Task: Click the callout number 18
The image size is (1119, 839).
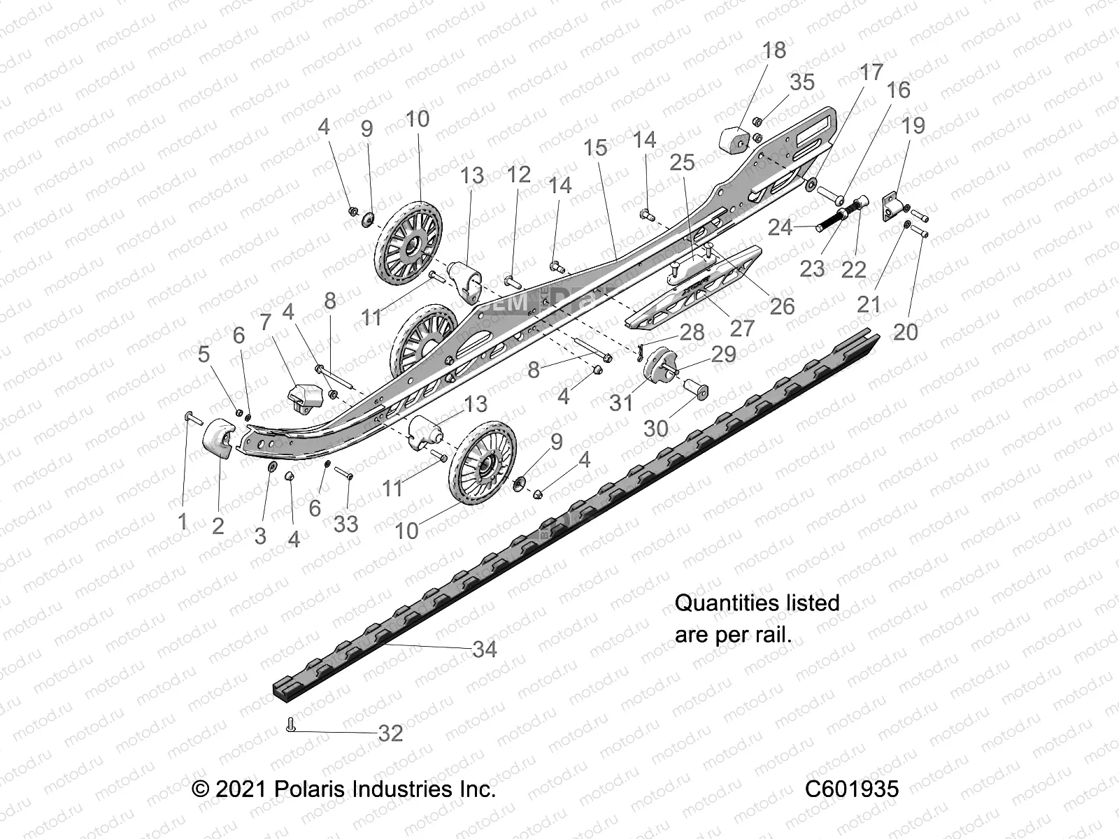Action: (x=774, y=50)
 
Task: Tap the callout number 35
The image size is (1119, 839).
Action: (x=801, y=83)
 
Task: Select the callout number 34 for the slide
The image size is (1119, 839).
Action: (x=484, y=649)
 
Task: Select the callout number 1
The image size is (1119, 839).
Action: (x=183, y=521)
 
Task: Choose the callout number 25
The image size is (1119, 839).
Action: (x=682, y=162)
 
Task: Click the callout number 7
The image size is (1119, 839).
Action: (x=265, y=323)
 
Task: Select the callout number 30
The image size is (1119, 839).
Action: (x=655, y=428)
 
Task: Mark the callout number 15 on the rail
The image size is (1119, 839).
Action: (x=596, y=148)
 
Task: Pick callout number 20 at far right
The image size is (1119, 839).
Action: (x=905, y=331)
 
